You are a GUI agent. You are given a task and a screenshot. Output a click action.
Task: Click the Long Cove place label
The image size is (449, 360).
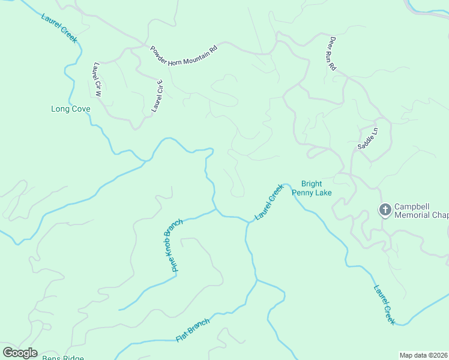pos(71,109)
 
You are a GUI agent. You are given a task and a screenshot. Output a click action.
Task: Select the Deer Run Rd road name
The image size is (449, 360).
pos(332,54)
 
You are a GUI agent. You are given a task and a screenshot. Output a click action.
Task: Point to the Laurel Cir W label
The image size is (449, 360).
pos(97,79)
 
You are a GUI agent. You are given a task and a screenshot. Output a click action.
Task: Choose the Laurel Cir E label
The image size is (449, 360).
pos(157,97)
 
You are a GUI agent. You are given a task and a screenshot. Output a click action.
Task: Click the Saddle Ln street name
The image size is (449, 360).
pos(368,139)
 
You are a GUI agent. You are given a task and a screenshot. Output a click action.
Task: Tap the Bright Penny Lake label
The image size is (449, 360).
pos(312,188)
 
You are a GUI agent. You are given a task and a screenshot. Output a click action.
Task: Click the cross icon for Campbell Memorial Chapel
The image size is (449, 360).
pos(385,209)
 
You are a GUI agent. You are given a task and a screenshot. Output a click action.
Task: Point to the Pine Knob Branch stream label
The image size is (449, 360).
pos(173,245)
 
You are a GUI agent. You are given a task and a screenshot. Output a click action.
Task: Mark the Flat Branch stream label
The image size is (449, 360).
pos(193,331)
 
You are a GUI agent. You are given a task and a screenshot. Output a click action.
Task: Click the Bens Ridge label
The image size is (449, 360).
pos(62,358)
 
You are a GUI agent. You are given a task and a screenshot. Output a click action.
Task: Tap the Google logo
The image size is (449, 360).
pos(20,353)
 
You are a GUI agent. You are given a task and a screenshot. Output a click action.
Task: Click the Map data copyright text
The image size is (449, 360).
pos(424,355)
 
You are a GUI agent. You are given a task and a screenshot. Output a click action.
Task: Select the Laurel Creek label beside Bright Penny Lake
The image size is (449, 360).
pos(269,202)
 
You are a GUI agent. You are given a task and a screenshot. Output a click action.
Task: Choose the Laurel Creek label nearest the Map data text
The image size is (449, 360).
pos(384,304)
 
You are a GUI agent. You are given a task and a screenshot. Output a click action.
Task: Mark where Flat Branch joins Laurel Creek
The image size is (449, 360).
pos(257,280)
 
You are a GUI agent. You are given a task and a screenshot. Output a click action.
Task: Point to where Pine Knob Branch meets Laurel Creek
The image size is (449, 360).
pos(215,209)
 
